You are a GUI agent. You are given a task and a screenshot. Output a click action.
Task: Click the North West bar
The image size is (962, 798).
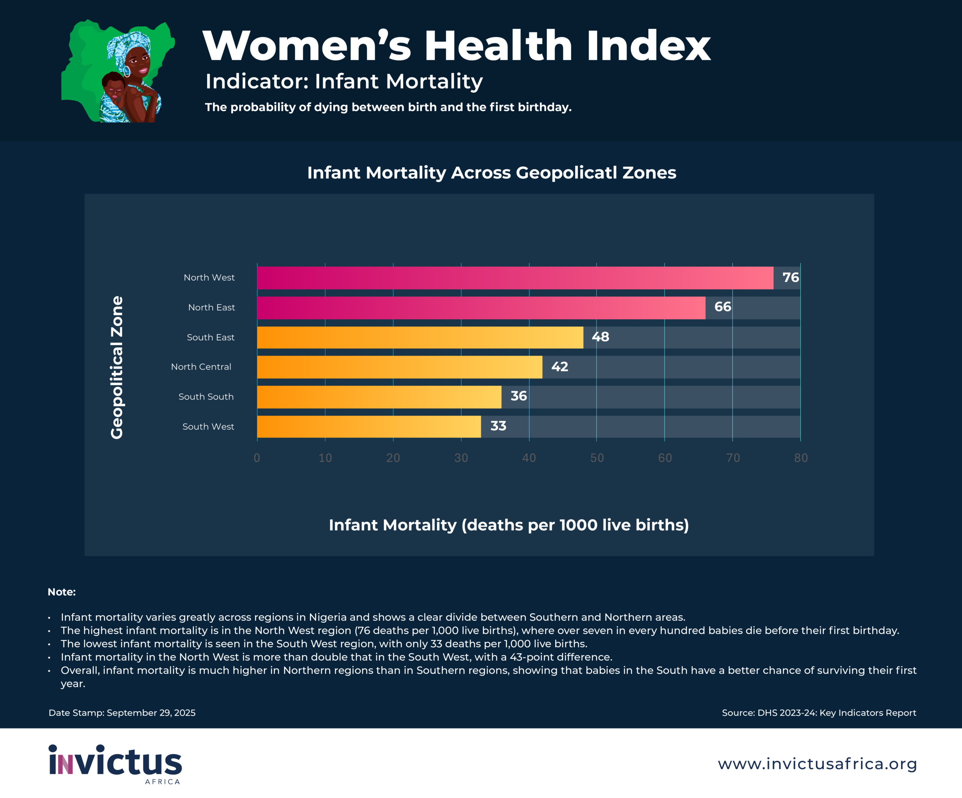[515, 278]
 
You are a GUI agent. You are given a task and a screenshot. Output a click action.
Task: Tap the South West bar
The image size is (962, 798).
[369, 426]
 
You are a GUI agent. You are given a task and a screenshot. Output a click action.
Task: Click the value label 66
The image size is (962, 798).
[722, 307]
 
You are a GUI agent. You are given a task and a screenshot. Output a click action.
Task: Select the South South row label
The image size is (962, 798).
[206, 397]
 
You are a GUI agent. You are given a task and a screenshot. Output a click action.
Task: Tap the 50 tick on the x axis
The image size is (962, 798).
[597, 458]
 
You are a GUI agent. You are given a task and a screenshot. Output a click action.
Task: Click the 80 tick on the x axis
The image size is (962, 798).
[801, 458]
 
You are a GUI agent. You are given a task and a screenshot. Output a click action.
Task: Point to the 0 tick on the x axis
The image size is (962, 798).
[257, 458]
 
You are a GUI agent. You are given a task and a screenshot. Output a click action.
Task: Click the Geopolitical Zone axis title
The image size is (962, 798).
[117, 367]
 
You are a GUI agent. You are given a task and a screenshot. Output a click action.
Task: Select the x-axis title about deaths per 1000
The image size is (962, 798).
[508, 525]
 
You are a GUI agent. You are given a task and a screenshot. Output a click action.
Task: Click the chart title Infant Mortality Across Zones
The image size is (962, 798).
[492, 173]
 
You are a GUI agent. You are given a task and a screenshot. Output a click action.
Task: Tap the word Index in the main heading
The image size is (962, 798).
[648, 46]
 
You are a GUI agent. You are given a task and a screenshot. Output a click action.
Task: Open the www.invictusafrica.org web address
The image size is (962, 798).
[817, 764]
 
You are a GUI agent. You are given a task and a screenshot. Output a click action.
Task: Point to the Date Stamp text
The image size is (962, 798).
[122, 713]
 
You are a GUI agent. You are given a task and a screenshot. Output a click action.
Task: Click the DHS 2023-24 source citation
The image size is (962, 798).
[818, 713]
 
